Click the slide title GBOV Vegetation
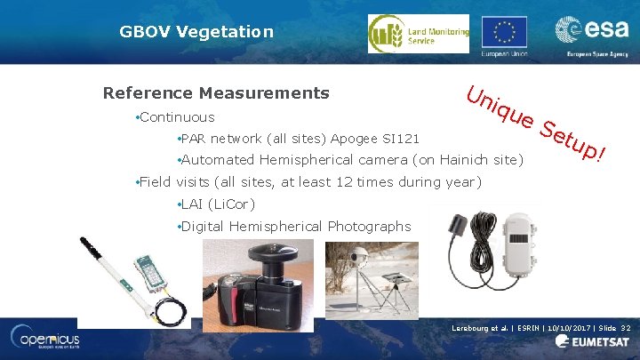pyautogui.click(x=196, y=32)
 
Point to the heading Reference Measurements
pyautogui.click(x=216, y=93)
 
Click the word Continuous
pyautogui.click(x=177, y=116)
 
